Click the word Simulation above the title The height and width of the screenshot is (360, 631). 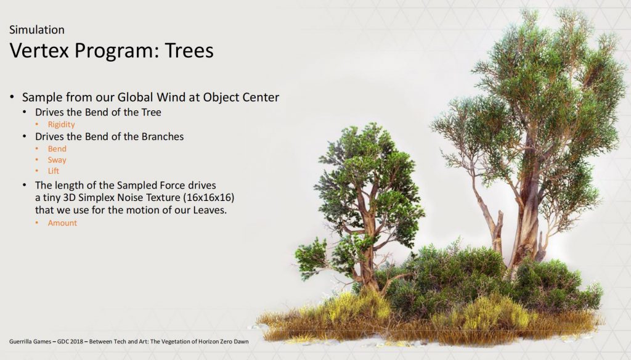(36, 30)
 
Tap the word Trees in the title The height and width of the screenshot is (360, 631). (189, 51)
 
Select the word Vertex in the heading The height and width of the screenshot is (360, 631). (39, 51)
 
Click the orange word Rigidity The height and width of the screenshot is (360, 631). (61, 125)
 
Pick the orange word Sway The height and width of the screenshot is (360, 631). (57, 160)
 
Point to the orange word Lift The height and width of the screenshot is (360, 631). (53, 171)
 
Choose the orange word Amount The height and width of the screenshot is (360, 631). (62, 223)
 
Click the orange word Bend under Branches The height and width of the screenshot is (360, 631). (57, 149)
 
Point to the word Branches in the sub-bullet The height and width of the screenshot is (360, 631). (163, 136)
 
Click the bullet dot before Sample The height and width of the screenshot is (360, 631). (12, 97)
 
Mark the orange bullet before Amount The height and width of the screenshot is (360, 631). (37, 223)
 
